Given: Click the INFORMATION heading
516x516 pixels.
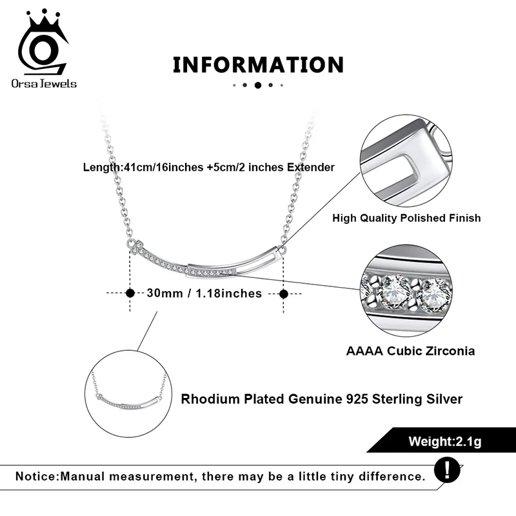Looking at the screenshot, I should (x=258, y=64).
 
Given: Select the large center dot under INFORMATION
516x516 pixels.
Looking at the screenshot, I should (x=258, y=84).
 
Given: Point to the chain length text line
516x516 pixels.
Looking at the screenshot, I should (x=209, y=167).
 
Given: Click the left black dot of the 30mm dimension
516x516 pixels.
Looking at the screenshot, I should (x=130, y=293).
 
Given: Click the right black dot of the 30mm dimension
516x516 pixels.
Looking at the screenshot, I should (x=283, y=293).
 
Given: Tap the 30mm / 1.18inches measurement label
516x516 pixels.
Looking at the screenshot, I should (x=204, y=293).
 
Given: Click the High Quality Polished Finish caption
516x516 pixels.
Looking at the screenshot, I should (x=406, y=218).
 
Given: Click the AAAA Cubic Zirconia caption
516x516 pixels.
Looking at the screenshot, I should (x=410, y=352).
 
